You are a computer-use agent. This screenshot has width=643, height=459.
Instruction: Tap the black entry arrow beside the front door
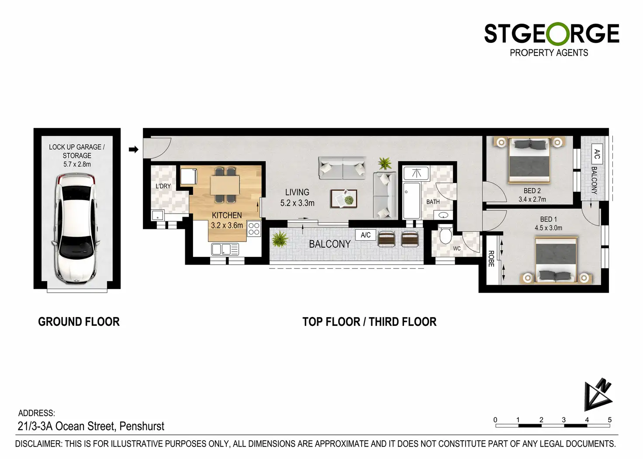point(134,149)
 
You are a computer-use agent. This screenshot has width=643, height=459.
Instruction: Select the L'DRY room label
point(163,186)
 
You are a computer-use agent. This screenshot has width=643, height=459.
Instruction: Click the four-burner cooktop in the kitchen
point(254,229)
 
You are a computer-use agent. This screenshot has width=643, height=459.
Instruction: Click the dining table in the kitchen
point(225,185)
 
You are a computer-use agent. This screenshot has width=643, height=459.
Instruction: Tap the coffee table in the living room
point(344,199)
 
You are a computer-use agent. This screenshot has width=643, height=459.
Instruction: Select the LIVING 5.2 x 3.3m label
point(297,197)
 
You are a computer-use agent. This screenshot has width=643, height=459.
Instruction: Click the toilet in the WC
point(445,234)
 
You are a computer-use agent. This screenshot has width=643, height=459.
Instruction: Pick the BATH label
point(433,202)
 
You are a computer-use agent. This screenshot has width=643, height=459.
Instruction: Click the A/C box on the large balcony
point(366,235)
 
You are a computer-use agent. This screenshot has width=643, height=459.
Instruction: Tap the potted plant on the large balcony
point(280,239)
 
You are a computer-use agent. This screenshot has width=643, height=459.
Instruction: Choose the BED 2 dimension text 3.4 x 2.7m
point(532,199)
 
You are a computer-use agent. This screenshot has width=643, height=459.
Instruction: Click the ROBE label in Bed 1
point(491,259)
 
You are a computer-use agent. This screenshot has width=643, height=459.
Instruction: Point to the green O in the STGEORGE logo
point(558,34)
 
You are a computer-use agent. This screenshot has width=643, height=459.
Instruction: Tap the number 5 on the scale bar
point(610,420)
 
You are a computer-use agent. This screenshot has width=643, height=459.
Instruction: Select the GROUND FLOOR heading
point(79,322)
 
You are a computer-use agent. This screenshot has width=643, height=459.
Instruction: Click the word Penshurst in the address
point(142,426)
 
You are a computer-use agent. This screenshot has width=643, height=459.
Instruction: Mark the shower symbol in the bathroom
point(416,173)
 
